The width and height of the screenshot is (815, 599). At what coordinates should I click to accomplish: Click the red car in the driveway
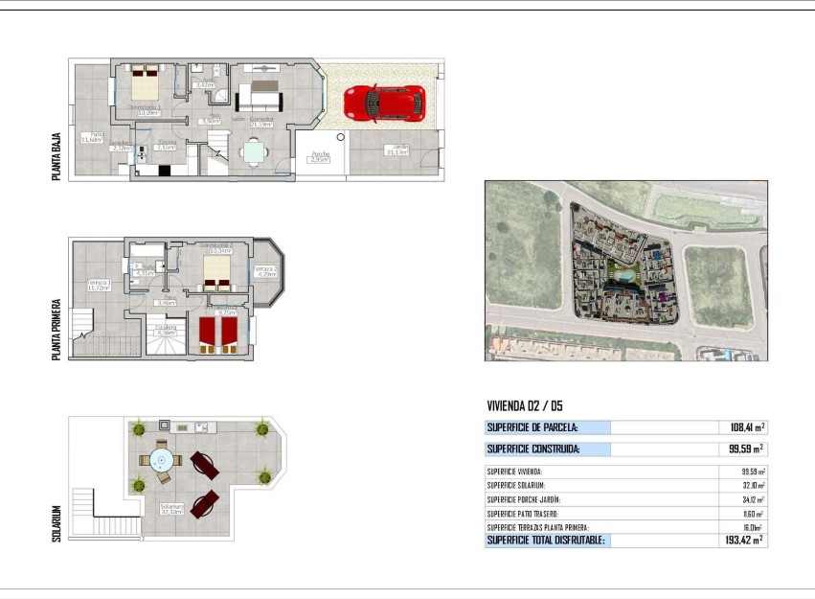click(x=384, y=103)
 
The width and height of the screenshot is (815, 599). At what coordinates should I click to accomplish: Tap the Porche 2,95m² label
click(x=320, y=157)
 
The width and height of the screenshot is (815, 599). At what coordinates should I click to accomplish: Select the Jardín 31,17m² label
click(x=396, y=150)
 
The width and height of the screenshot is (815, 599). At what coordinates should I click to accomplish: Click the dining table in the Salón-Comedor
click(x=253, y=150)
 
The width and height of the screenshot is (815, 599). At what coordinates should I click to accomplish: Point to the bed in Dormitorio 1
click(x=147, y=83)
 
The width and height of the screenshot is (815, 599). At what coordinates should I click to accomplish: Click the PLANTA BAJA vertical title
click(x=57, y=156)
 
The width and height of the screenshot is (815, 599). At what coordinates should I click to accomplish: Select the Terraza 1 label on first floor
click(x=99, y=286)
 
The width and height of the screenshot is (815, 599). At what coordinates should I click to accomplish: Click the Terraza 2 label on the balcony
click(x=266, y=272)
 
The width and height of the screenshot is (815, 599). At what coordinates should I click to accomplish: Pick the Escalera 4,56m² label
click(x=167, y=330)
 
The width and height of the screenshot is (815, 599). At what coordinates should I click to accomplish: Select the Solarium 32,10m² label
click(x=172, y=509)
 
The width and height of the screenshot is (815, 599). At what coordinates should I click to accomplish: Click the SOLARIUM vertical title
click(x=57, y=524)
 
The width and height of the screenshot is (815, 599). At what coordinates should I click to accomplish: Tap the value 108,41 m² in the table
click(x=747, y=427)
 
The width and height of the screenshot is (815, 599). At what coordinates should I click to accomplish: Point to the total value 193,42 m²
click(x=745, y=541)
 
